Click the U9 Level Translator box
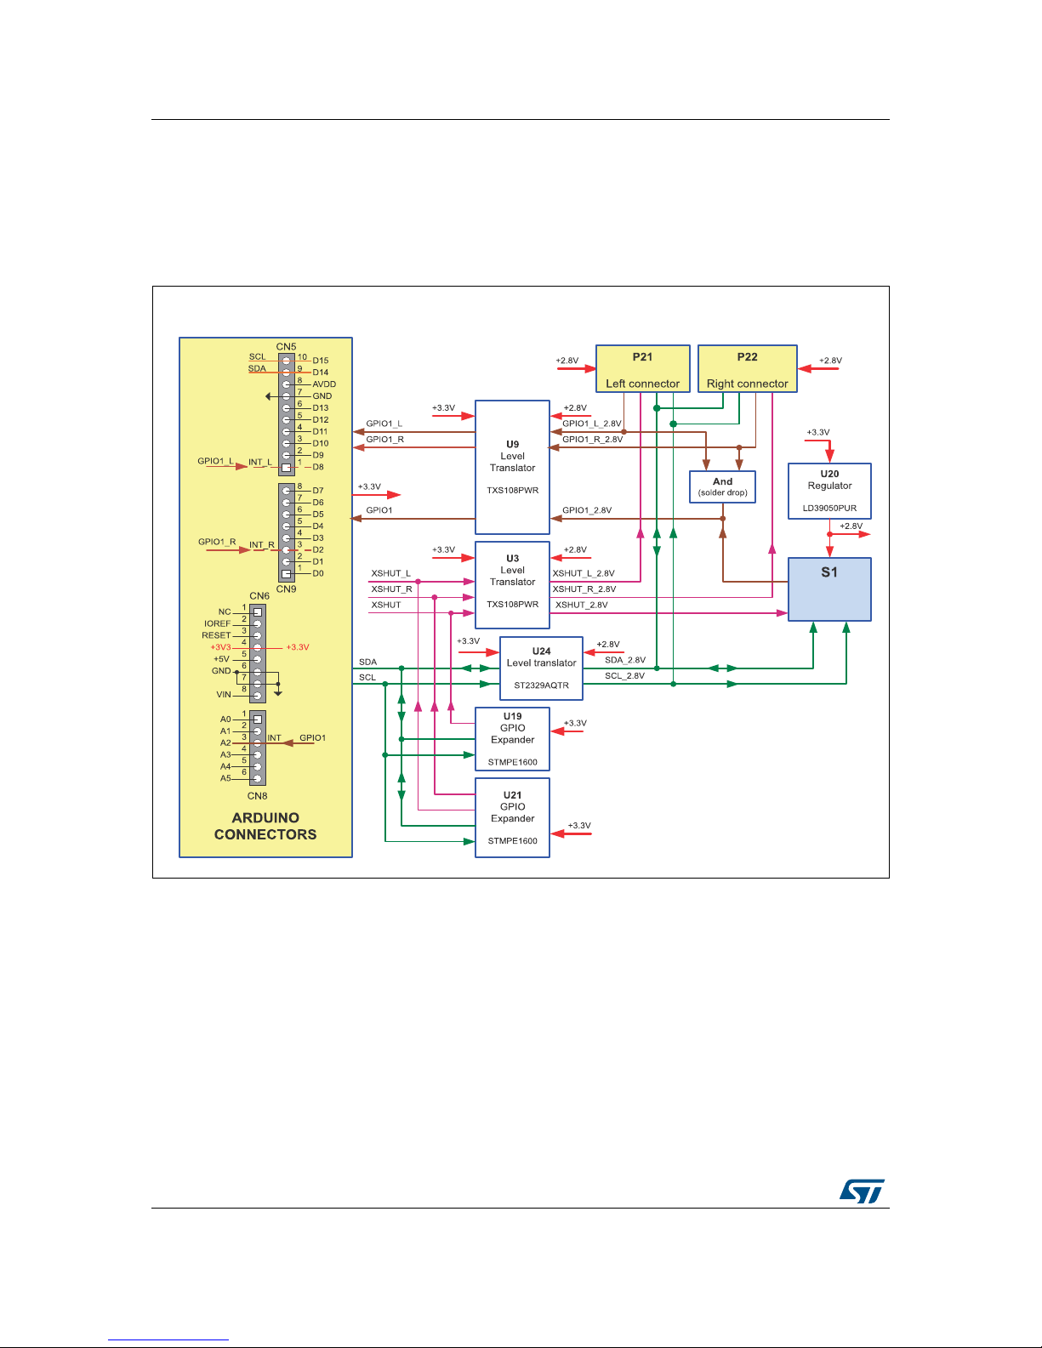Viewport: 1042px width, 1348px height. pos(512,467)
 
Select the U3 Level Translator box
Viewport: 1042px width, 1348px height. pos(512,584)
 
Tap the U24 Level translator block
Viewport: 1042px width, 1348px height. pos(541,668)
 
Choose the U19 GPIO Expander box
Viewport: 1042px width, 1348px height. pos(512,739)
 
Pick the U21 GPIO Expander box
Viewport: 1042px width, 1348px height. pos(512,817)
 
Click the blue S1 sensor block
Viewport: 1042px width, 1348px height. pos(829,589)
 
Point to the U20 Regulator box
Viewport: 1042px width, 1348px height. pos(829,491)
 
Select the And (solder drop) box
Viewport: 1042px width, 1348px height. pos(722,486)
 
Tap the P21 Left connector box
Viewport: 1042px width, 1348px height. pos(642,369)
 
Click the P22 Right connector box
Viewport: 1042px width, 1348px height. pos(747,369)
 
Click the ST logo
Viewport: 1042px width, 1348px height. pos(862,1191)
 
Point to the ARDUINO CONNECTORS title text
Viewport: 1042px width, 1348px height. pos(265,826)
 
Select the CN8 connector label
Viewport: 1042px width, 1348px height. pos(258,796)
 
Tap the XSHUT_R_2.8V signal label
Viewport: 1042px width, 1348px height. pos(584,589)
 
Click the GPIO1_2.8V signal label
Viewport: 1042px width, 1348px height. pos(587,510)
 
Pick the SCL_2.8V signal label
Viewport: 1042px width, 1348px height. pos(624,676)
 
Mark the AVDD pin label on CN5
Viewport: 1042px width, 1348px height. pos(324,384)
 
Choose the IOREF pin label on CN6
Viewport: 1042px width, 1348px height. pos(218,623)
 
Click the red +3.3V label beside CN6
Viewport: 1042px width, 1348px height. pos(298,647)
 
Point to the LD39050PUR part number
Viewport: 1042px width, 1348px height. pos(829,509)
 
